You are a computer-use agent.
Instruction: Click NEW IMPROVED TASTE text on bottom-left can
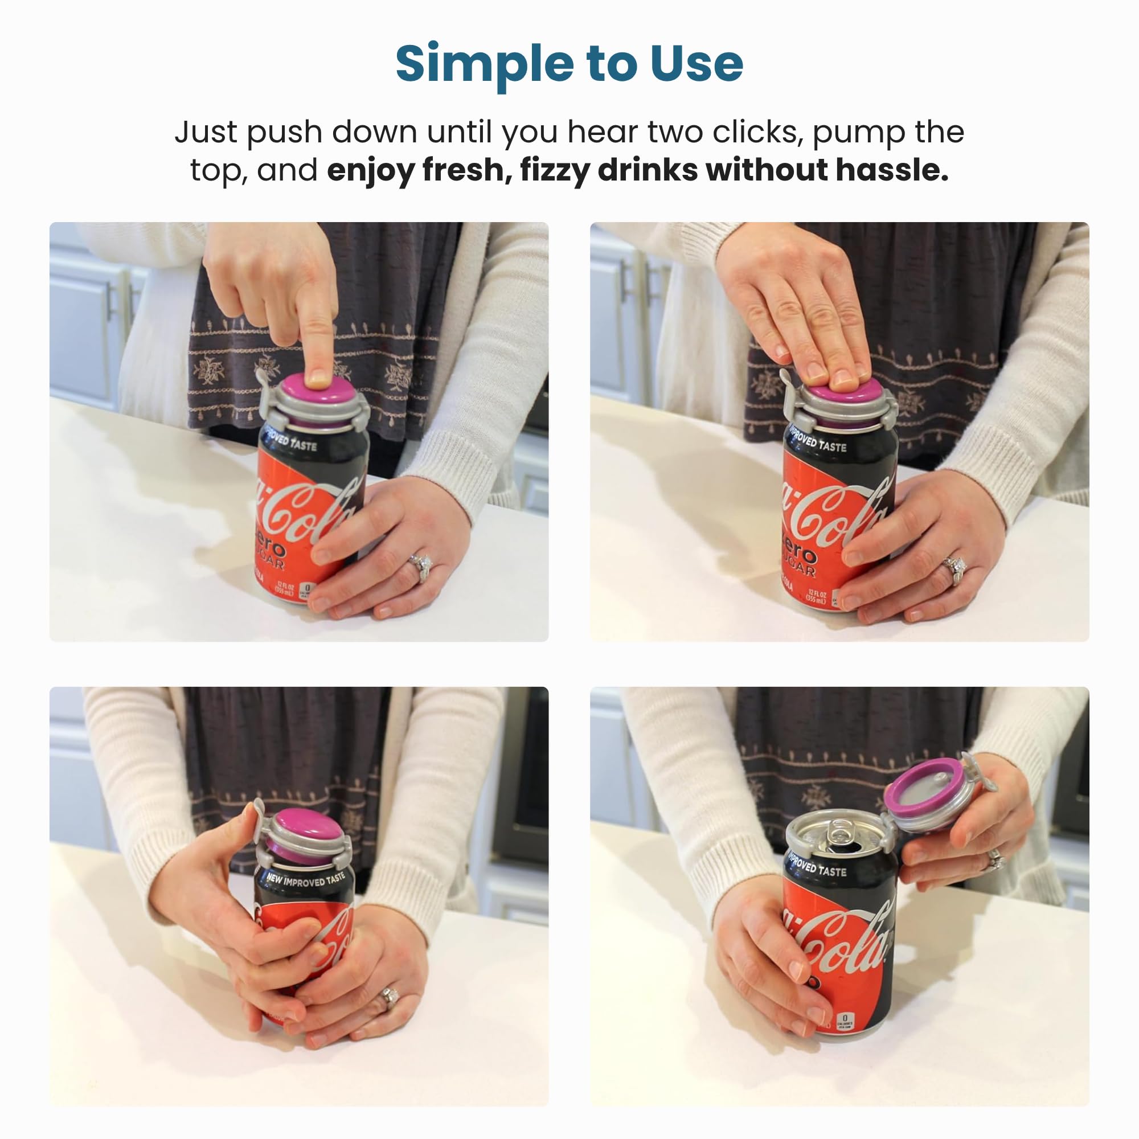point(304,880)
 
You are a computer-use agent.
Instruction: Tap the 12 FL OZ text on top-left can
point(285,588)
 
